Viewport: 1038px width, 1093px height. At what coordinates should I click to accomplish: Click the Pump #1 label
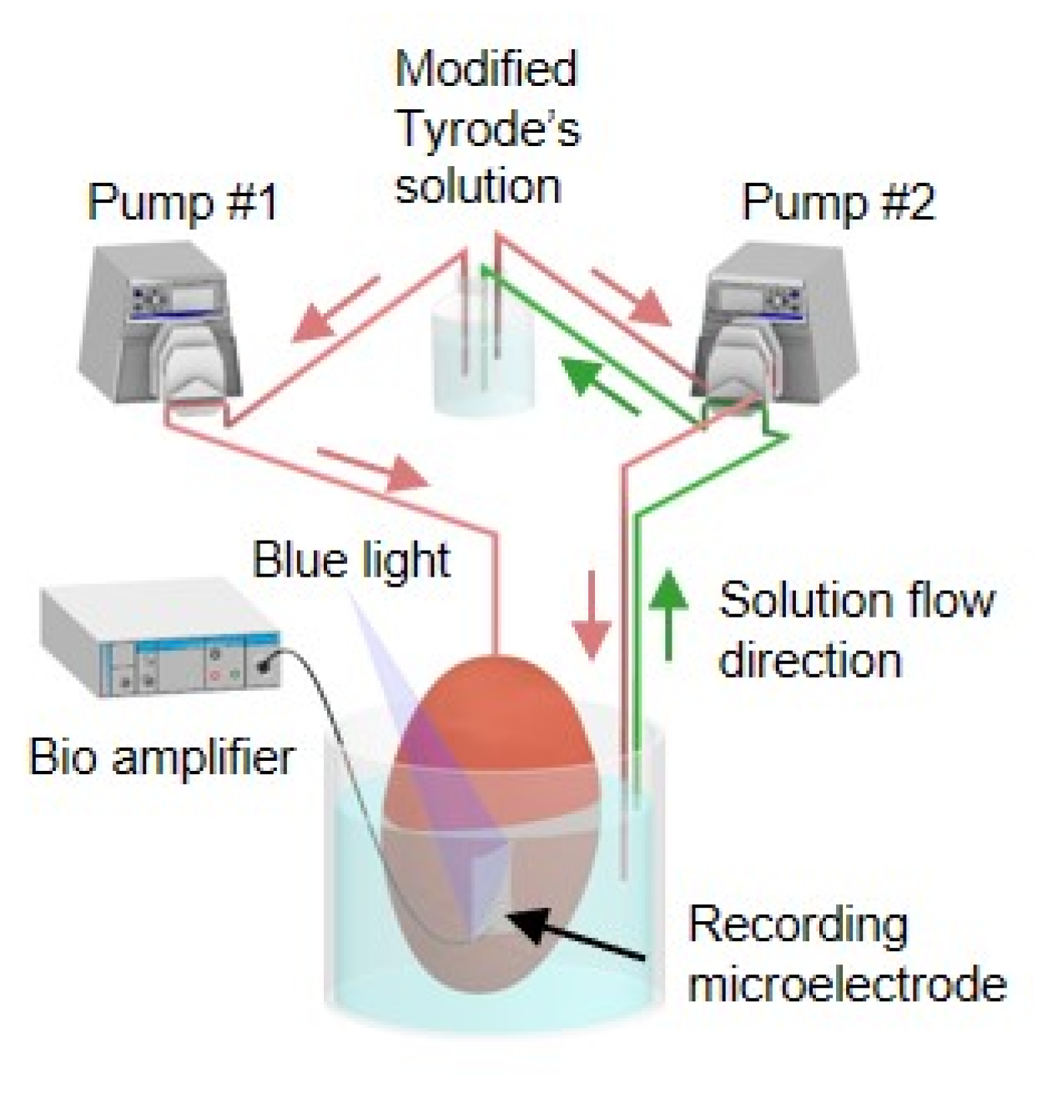[x=182, y=202]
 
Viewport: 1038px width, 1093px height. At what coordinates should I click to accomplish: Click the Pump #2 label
[x=838, y=202]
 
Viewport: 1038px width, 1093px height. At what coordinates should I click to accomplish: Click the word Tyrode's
[x=487, y=128]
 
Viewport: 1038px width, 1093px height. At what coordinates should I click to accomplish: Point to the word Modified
[x=486, y=68]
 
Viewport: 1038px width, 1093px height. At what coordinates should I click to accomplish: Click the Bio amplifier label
[x=161, y=758]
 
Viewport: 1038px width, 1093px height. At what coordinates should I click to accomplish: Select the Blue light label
[x=350, y=559]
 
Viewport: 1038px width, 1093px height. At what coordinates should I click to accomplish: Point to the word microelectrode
[x=846, y=985]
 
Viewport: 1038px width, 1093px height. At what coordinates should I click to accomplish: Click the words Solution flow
[x=856, y=601]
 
